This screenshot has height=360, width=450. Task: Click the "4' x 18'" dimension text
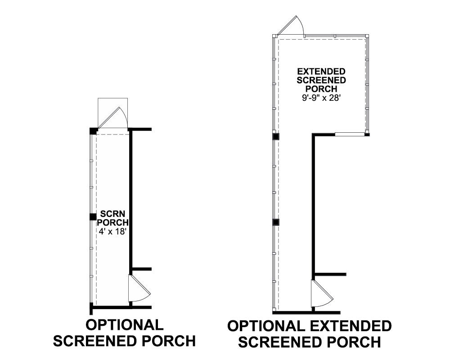click(112, 231)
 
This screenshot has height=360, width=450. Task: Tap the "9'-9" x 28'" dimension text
click(321, 98)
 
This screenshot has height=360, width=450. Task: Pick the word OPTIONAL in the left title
click(125, 325)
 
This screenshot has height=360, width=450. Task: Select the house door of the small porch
click(139, 288)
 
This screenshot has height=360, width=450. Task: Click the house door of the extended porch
click(323, 293)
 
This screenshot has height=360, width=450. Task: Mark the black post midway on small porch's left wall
click(93, 217)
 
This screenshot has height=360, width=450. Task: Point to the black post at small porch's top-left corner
click(94, 131)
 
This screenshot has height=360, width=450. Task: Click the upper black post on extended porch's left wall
click(276, 136)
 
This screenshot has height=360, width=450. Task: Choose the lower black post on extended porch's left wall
click(276, 222)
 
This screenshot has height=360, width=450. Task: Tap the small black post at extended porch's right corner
click(367, 135)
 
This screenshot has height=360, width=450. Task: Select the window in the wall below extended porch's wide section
click(350, 134)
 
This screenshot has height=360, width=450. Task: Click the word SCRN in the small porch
click(113, 214)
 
